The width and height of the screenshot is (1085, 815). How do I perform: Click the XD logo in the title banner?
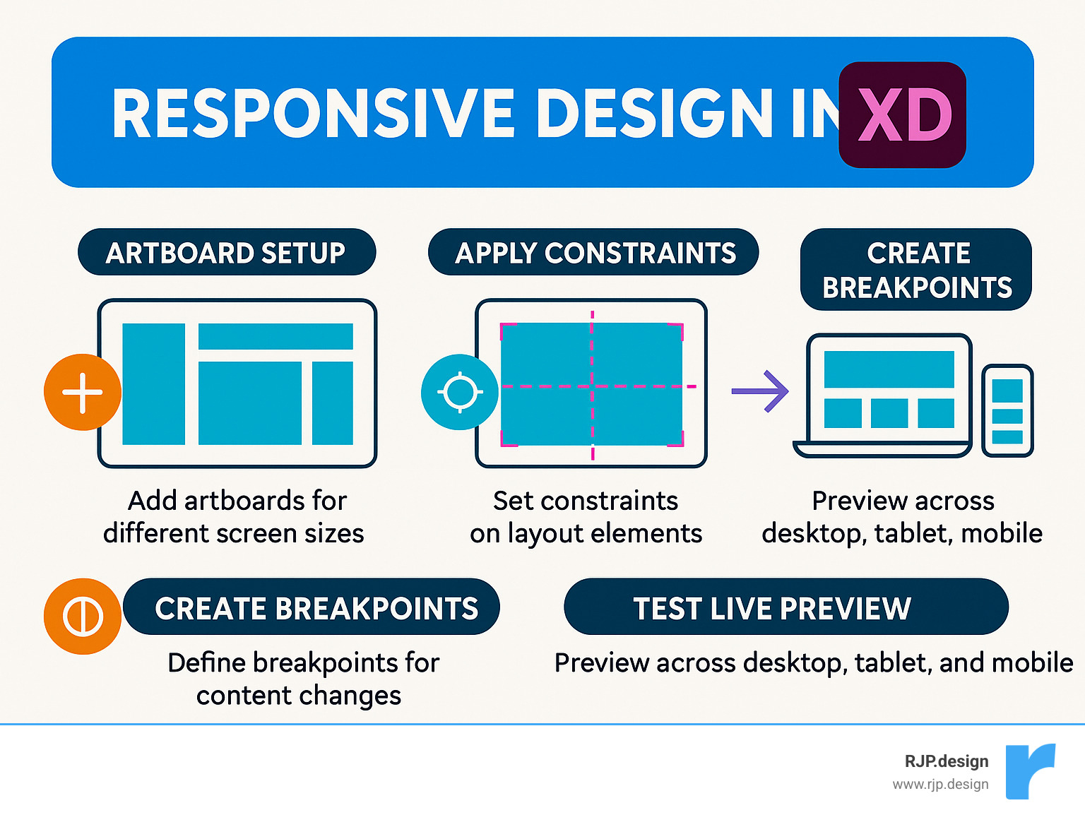pyautogui.click(x=902, y=115)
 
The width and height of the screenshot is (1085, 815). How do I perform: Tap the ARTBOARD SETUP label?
pyautogui.click(x=226, y=252)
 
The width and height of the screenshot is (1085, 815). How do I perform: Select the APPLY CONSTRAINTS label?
pyautogui.click(x=594, y=252)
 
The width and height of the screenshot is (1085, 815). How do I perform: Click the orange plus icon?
pyautogui.click(x=83, y=392)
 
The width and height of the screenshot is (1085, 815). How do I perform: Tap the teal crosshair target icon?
pyautogui.click(x=460, y=392)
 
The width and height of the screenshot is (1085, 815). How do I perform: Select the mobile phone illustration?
pyautogui.click(x=1007, y=411)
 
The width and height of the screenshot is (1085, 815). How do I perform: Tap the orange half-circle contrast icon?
pyautogui.click(x=83, y=616)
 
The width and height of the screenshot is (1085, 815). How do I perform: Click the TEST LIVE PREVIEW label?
pyautogui.click(x=785, y=607)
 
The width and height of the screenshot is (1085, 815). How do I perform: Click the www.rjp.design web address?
pyautogui.click(x=940, y=784)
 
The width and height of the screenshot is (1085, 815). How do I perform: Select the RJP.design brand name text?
pyautogui.click(x=946, y=761)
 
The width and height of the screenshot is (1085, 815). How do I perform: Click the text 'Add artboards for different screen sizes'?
pyautogui.click(x=234, y=516)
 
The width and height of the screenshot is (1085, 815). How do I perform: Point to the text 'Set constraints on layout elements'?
pyautogui.click(x=586, y=516)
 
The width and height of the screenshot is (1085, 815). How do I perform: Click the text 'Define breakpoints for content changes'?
pyautogui.click(x=302, y=679)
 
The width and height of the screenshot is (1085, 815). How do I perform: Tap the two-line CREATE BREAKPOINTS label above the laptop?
pyautogui.click(x=916, y=270)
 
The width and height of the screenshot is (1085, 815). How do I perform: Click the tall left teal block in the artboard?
pyautogui.click(x=153, y=384)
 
